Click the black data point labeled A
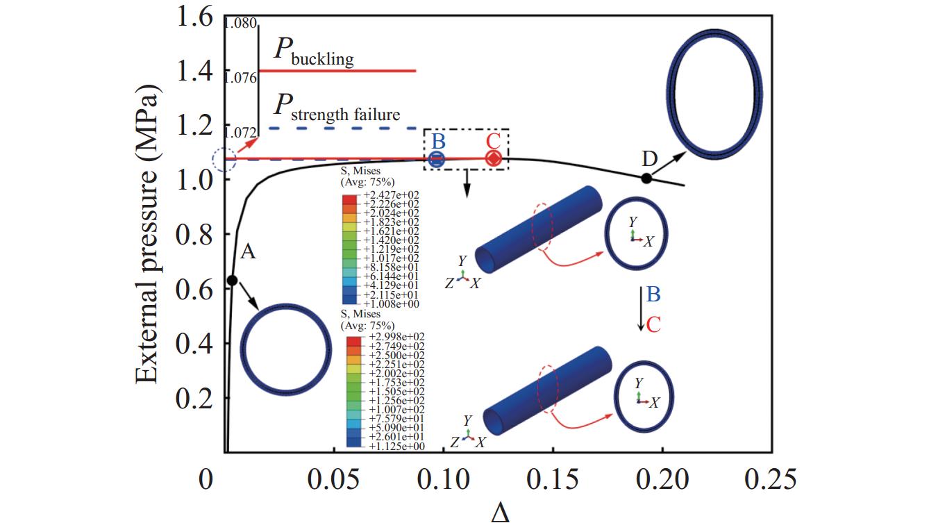click(233, 280)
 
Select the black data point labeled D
click(646, 178)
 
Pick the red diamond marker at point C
click(493, 159)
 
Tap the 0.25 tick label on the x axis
click(771, 480)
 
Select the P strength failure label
click(337, 108)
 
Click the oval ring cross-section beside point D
click(714, 95)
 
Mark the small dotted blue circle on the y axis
click(224, 160)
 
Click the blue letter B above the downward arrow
click(653, 294)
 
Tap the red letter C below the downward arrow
click(653, 324)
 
